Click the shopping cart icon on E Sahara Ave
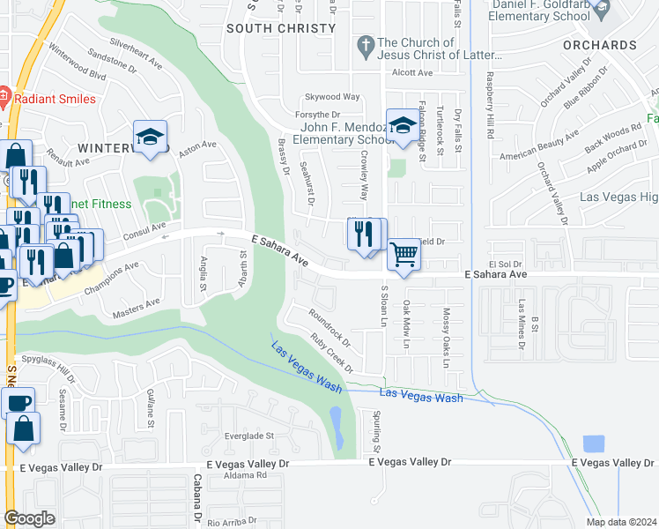(x=404, y=255)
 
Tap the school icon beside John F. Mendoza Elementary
(x=403, y=127)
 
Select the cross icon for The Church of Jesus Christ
(x=365, y=44)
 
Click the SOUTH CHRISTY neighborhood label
(x=281, y=28)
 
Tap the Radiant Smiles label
(x=54, y=98)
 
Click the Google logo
(x=29, y=518)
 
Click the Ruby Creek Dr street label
(x=332, y=352)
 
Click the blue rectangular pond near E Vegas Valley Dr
(x=594, y=445)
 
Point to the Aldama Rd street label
(x=245, y=475)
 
